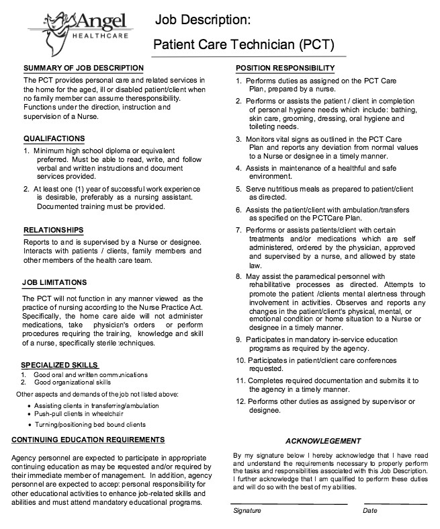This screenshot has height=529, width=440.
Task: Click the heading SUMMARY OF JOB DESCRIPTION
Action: pos(83,68)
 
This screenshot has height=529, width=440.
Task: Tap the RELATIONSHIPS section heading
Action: pos(54,229)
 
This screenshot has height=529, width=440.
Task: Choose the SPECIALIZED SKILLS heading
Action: pos(60,365)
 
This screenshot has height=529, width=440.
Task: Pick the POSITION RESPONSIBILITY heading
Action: pos(285,68)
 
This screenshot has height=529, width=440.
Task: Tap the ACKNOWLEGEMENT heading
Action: pos(323,441)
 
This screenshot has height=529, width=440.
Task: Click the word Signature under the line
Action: pos(247,511)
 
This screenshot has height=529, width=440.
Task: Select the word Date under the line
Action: pos(370,511)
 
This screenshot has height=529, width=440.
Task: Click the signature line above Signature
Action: pos(289,503)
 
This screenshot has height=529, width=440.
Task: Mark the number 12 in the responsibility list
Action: pos(240,401)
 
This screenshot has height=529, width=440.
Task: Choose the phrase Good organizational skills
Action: pos(73,382)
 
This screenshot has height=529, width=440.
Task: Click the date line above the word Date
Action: pos(395,503)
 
